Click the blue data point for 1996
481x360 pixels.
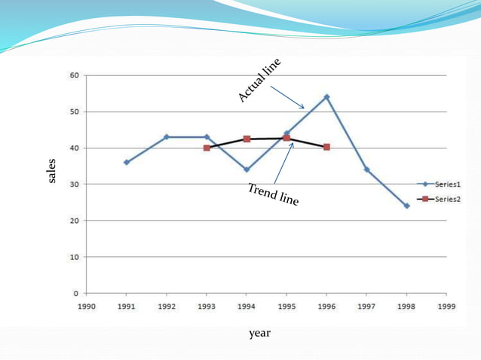coord(326,97)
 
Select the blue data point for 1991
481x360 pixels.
coord(127,162)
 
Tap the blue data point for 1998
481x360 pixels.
coord(406,206)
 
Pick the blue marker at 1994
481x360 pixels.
coord(247,169)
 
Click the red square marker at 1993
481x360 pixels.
coord(207,148)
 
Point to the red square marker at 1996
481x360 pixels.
coord(326,147)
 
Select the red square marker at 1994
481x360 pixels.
coord(247,139)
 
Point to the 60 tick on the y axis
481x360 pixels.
coord(75,75)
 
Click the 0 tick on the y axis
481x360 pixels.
coord(77,293)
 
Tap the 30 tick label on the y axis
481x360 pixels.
coord(75,185)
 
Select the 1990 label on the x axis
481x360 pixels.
coord(87,307)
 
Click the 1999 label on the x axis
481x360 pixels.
coord(446,307)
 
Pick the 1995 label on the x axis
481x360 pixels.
coord(286,307)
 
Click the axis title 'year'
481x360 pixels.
coord(259,332)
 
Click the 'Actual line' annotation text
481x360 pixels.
coord(259,80)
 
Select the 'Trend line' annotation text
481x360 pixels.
coord(273,194)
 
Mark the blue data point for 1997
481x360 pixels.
coord(366,169)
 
